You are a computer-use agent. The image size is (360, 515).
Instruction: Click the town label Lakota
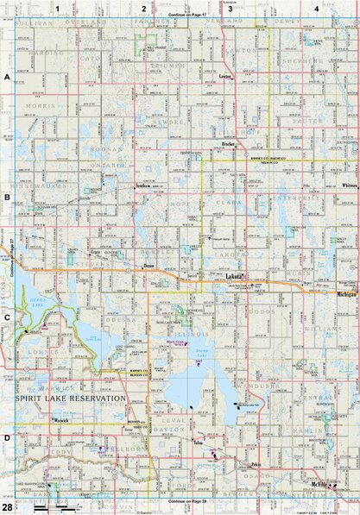click(x=235, y=277)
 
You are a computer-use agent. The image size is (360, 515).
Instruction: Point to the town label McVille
click(x=337, y=483)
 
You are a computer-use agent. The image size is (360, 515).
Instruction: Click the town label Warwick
click(x=60, y=420)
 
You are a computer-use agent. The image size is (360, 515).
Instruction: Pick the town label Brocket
click(x=229, y=143)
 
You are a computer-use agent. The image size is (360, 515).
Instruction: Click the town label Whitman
click(x=349, y=185)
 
